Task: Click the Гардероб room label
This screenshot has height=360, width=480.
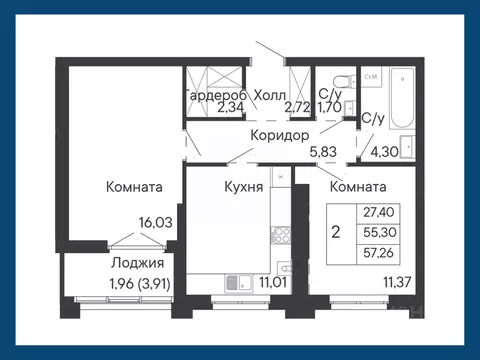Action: coord(211,95)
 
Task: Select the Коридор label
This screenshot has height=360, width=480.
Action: coord(279,136)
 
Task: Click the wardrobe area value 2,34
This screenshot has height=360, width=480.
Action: coord(229,110)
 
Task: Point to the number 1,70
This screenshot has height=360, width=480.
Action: coord(331,110)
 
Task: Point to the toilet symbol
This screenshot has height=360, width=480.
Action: coord(340,80)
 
